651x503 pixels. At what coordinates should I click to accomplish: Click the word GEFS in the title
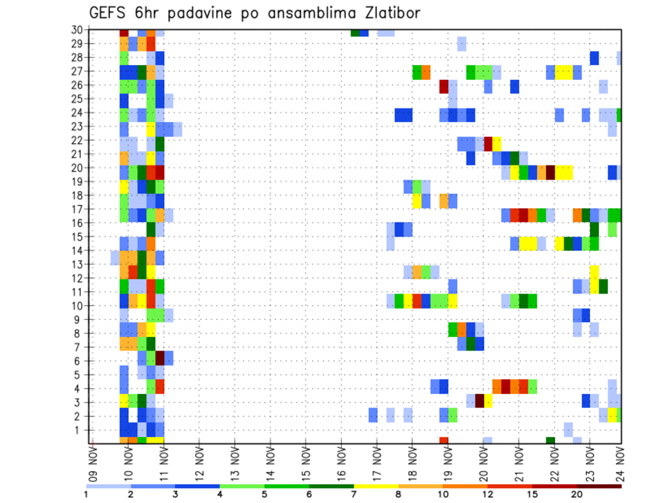pos(108,13)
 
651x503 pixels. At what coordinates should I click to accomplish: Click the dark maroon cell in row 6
pos(160,357)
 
